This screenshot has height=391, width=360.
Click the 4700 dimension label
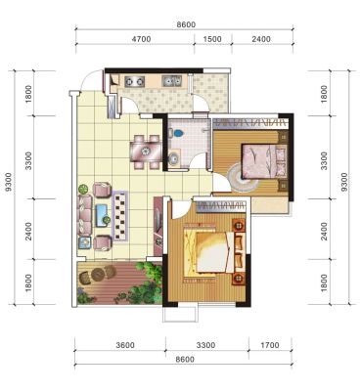[141, 39]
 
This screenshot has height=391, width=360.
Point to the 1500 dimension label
[212, 39]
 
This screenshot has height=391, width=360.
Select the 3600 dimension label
[125, 345]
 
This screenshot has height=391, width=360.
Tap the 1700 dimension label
[270, 345]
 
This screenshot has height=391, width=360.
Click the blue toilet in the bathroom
[176, 133]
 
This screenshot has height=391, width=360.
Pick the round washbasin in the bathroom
[174, 158]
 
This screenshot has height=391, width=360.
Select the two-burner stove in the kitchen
[134, 81]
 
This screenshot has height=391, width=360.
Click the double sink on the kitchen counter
[171, 81]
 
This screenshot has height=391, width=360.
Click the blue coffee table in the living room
[102, 215]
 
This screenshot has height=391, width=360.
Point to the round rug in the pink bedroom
[243, 177]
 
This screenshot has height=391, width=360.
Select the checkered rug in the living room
[119, 216]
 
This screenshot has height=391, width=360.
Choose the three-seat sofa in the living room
[84, 216]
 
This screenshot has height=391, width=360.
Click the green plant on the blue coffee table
[107, 220]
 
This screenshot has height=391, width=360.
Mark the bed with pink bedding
[264, 161]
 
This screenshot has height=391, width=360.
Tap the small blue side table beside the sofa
[85, 242]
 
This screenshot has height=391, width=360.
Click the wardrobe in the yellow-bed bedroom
[221, 206]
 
